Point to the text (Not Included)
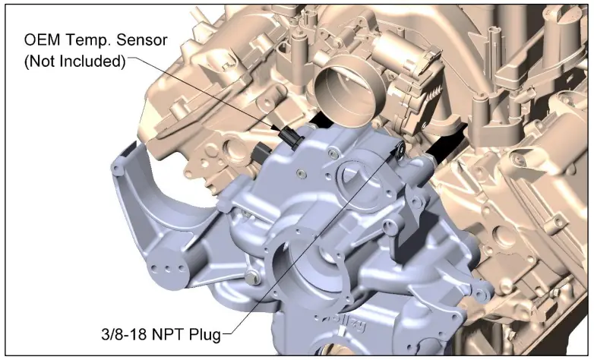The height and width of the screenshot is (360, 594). click(74, 61)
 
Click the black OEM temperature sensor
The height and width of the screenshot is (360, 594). click(290, 138)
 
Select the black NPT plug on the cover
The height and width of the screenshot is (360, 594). click(400, 148)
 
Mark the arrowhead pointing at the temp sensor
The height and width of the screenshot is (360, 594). click(276, 128)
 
